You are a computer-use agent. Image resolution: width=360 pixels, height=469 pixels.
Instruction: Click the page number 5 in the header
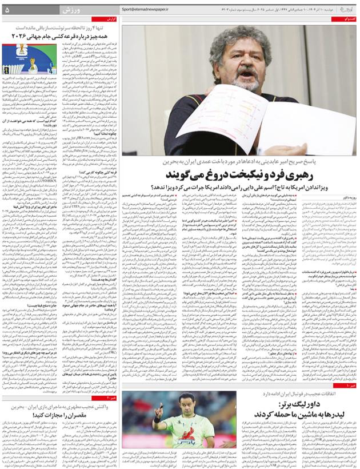(7, 10)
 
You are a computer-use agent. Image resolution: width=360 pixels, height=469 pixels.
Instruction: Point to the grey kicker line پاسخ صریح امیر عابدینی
(257, 161)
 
